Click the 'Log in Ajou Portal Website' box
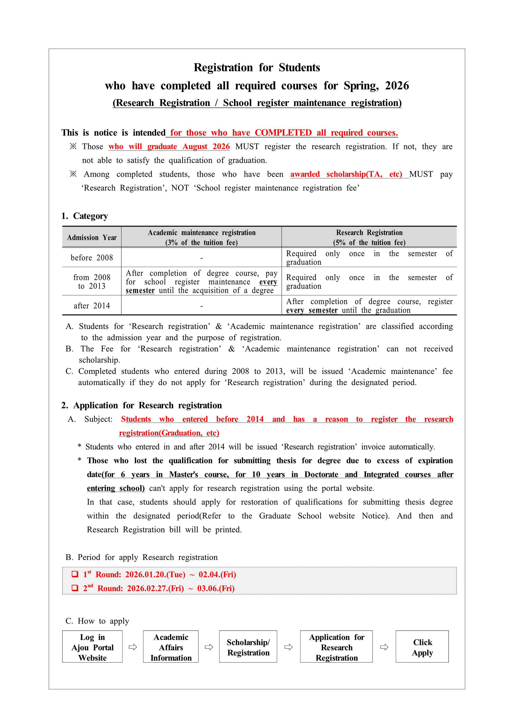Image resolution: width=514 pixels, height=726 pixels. pos(92,647)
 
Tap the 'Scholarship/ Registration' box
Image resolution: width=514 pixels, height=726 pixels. pos(248,647)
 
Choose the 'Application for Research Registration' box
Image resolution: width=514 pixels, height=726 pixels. pos(336,647)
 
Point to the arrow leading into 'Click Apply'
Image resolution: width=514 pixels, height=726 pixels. pos(384,647)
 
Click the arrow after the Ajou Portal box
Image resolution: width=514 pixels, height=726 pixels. pos(133,647)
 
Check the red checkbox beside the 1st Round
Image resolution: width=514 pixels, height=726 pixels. pos(75,574)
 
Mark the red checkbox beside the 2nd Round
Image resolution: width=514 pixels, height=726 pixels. pos(75,588)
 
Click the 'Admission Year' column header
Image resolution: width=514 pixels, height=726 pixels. pos(92,237)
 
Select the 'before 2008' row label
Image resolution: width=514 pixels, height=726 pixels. pos(92,258)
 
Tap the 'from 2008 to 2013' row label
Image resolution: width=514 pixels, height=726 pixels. pos(92,281)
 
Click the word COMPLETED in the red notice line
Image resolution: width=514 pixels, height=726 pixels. pos(283,133)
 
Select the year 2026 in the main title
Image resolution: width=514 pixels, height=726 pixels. pos(397,86)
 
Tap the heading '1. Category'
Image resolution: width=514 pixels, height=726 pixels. pos(85,216)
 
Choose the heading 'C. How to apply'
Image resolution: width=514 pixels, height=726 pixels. pos(97,621)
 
